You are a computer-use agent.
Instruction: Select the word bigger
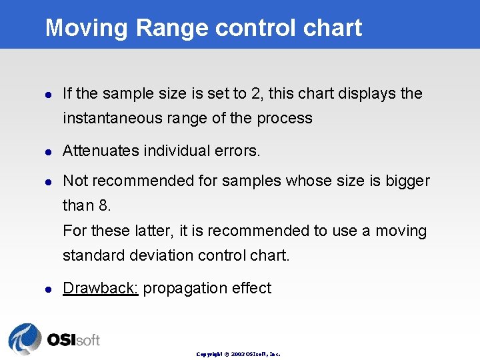click(x=407, y=181)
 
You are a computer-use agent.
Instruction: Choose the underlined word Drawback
click(x=100, y=288)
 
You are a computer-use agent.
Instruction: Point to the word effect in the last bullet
click(x=251, y=288)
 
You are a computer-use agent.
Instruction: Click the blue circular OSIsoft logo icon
click(x=25, y=339)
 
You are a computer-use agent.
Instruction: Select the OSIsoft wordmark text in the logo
click(x=73, y=340)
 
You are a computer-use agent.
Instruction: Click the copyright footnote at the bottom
click(x=238, y=354)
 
